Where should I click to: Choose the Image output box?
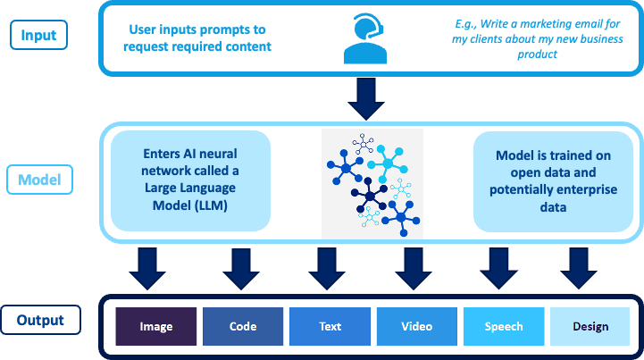point(156,326)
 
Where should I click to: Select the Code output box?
point(243,326)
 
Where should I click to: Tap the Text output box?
point(330,326)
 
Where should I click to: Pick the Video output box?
point(416,326)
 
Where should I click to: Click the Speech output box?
point(504,326)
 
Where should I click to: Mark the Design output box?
point(590,326)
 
